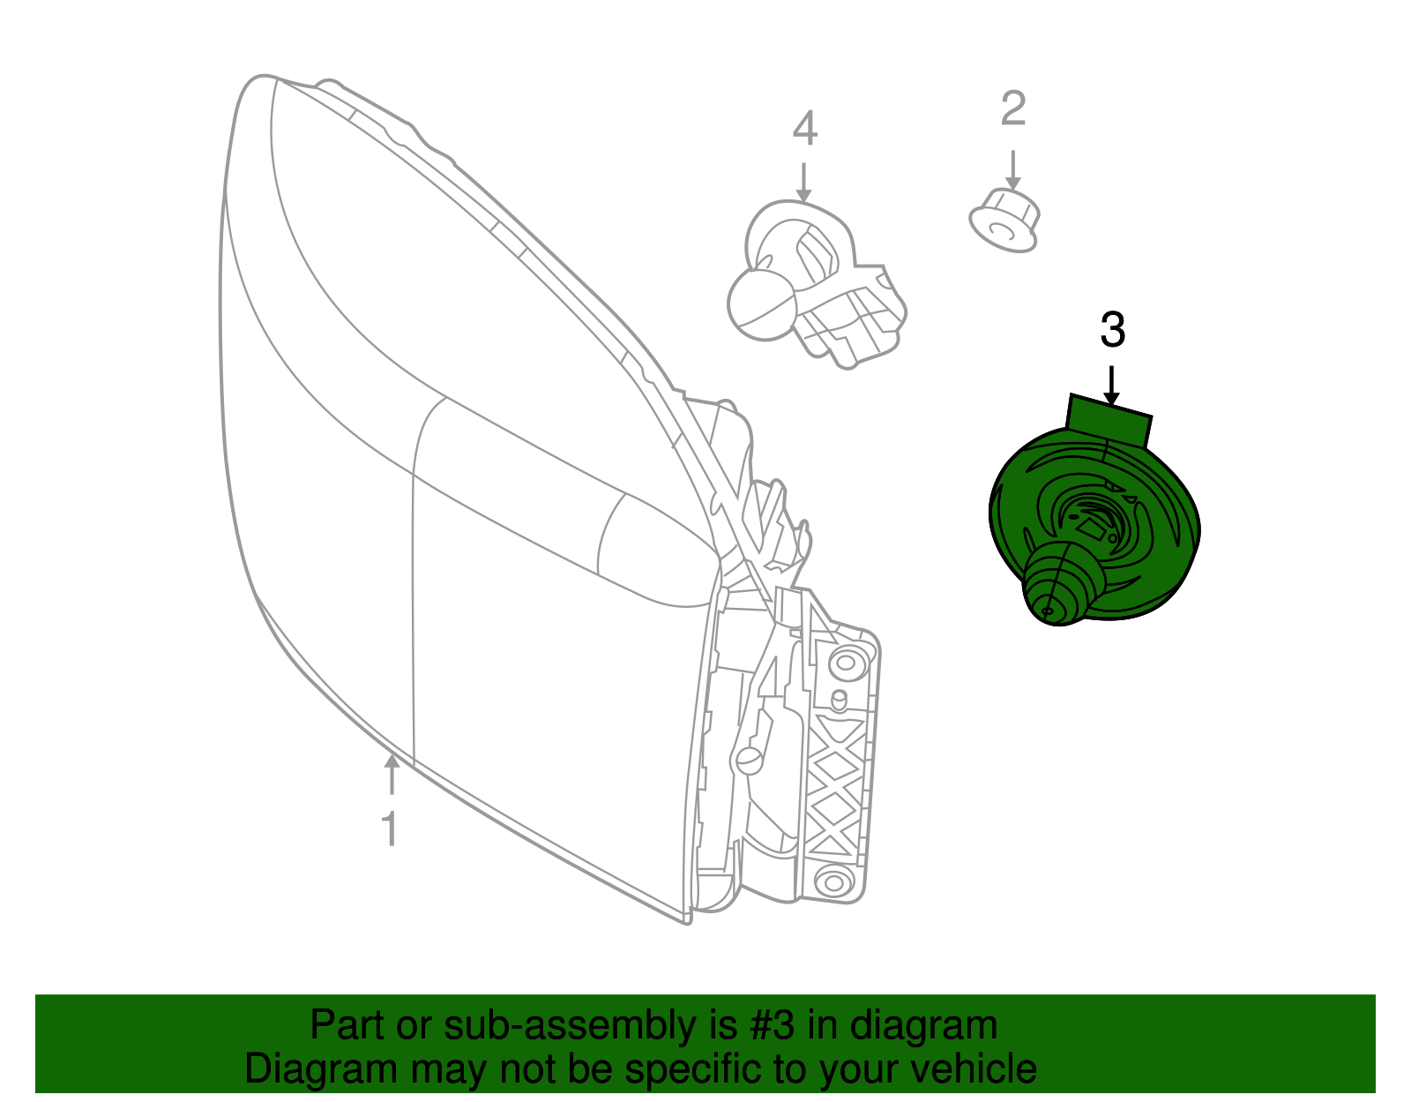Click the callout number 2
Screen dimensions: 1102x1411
1013,109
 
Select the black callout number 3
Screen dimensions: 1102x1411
1113,330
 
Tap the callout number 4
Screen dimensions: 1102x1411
804,129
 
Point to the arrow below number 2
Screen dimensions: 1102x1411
1012,169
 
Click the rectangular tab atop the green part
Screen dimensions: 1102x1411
1109,420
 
